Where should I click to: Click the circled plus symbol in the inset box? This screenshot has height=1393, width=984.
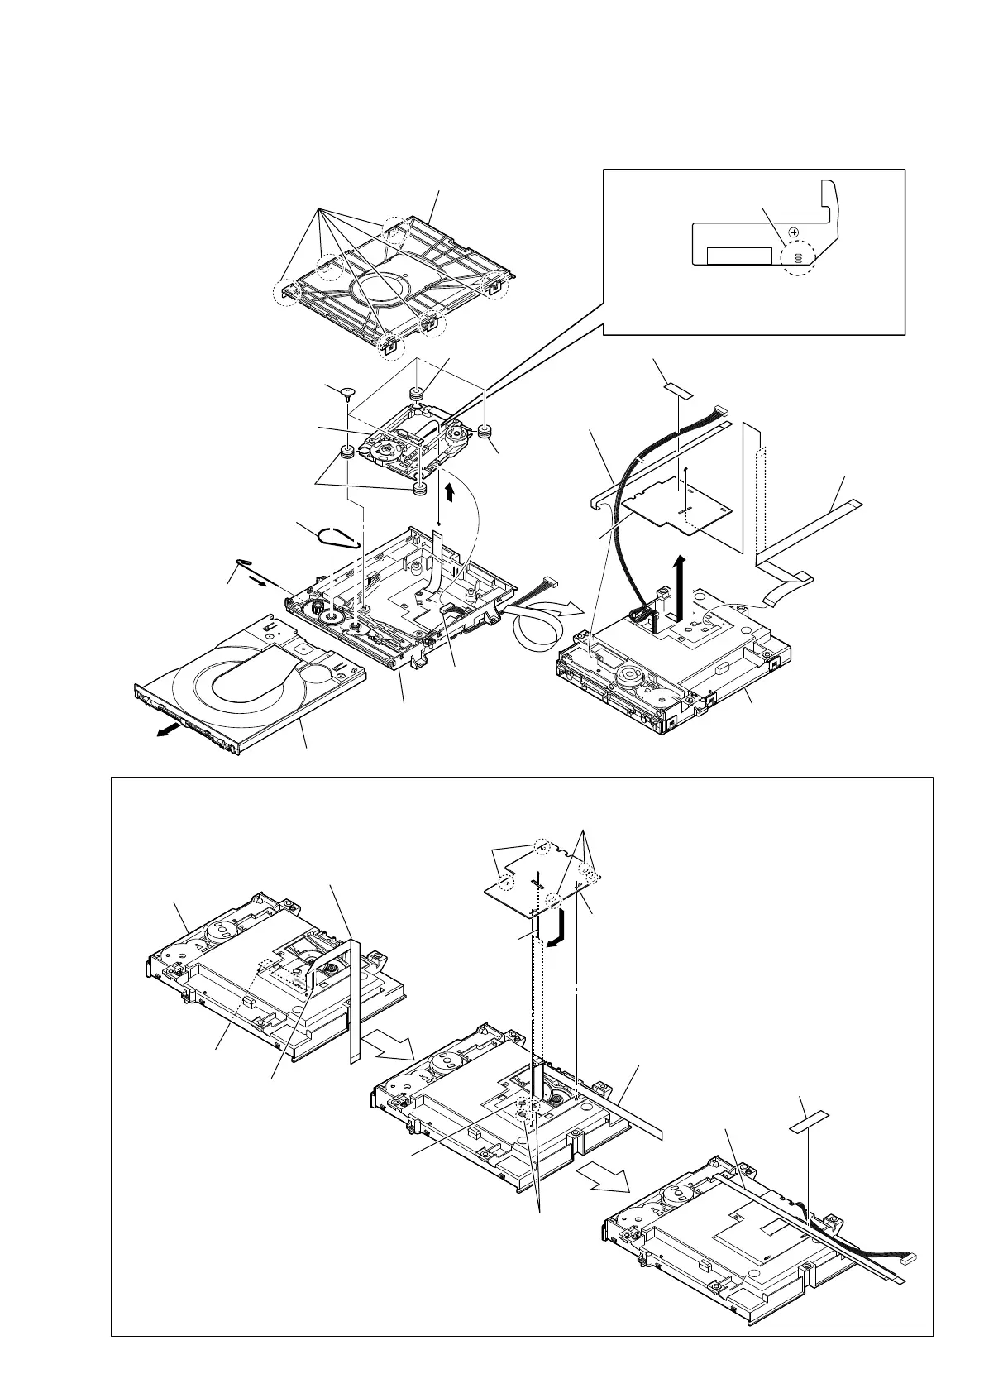[x=793, y=232]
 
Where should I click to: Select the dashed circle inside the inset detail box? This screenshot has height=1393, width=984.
[x=797, y=257]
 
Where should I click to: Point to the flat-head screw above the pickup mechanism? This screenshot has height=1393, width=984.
[x=348, y=391]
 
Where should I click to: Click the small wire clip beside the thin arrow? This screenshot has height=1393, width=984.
[x=246, y=565]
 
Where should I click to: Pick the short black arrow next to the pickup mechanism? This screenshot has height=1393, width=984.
[x=449, y=493]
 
